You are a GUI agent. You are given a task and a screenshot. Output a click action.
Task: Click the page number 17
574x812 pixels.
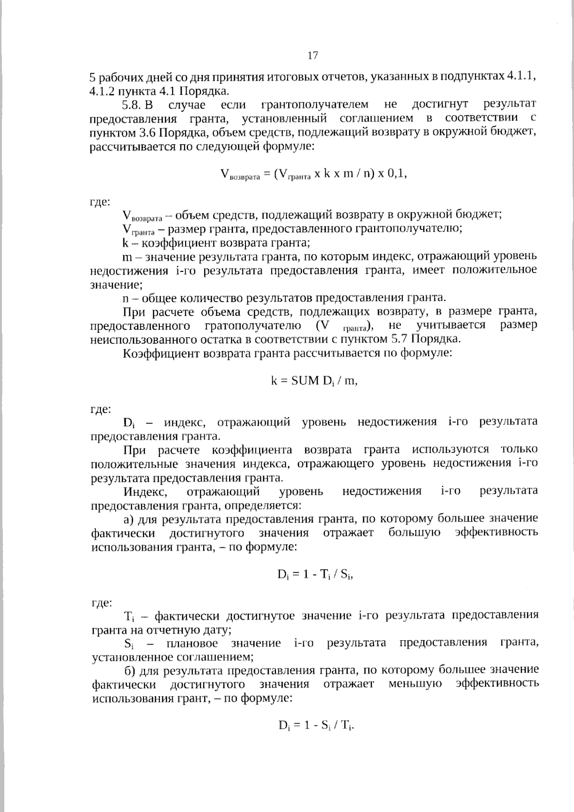312,56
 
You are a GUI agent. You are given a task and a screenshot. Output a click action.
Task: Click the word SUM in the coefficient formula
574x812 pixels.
304,381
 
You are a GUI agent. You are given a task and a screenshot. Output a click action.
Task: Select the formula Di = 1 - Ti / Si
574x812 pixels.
316,575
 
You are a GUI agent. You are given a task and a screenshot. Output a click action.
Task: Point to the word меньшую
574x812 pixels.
415,683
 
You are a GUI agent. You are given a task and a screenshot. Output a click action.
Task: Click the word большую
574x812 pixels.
414,533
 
